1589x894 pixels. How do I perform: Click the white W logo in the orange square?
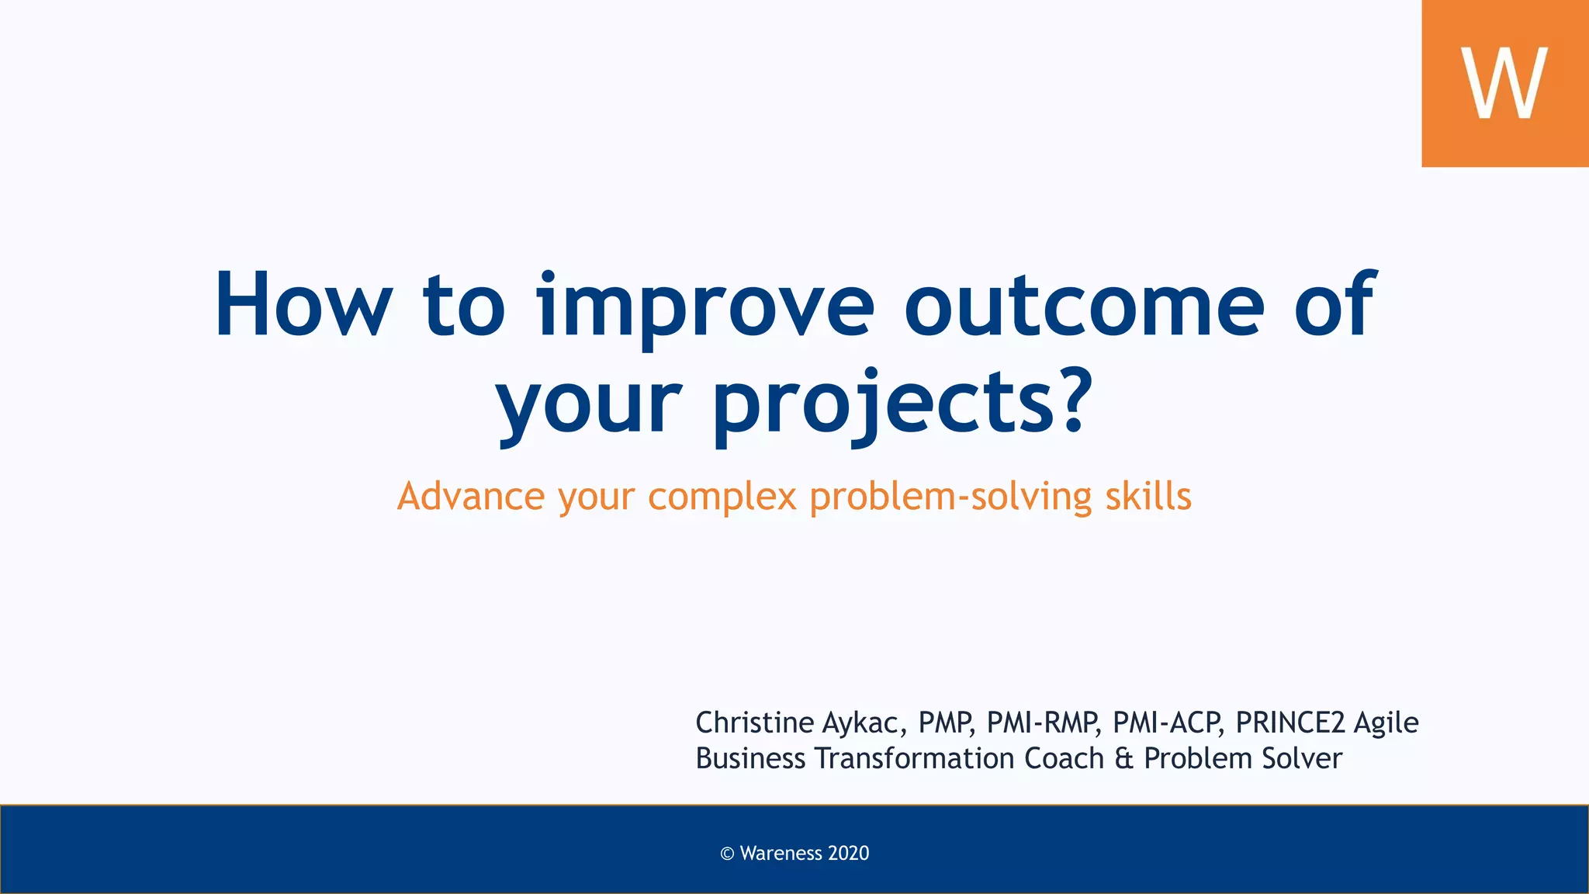point(1504,83)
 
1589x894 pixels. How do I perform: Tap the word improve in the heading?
point(705,305)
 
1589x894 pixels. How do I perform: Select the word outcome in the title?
point(1084,305)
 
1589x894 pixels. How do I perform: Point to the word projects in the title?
point(885,404)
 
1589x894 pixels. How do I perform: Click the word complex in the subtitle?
point(722,497)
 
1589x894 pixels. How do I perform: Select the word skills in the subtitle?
point(1148,497)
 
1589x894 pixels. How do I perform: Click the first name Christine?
point(754,722)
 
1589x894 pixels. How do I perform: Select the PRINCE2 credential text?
point(1289,722)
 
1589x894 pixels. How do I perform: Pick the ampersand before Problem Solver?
point(1123,758)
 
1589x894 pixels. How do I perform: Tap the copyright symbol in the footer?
point(727,854)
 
